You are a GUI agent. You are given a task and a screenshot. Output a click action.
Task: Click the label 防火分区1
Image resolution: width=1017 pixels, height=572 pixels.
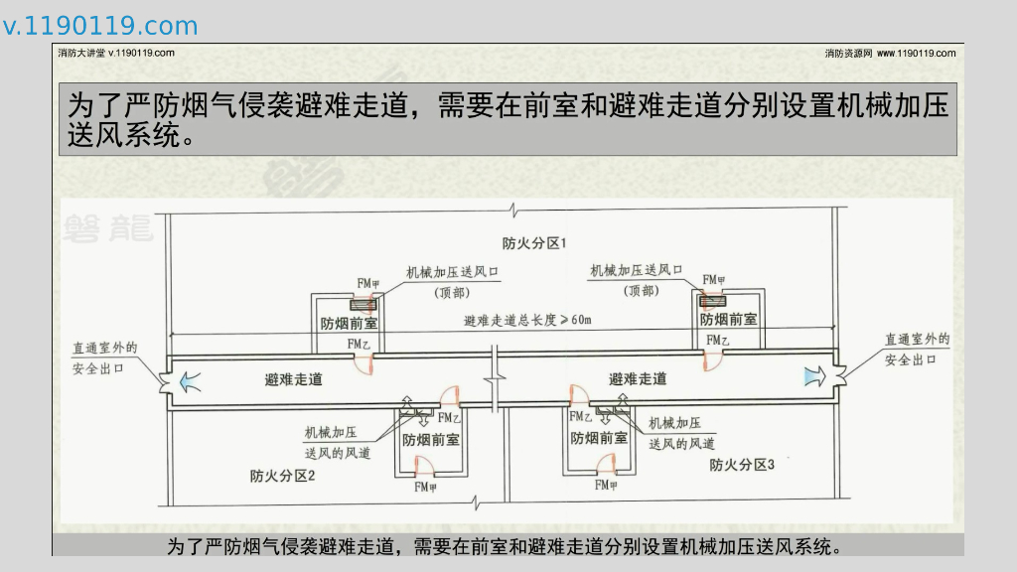point(533,243)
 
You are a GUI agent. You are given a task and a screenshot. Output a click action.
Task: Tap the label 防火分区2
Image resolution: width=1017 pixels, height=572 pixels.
point(282,476)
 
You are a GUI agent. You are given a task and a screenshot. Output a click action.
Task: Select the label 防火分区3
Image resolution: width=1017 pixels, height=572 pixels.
point(741,464)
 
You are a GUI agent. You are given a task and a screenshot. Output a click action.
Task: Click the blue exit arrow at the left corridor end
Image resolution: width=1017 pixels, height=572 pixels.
point(188,377)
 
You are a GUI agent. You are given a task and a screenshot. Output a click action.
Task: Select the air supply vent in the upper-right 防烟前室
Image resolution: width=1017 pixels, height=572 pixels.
point(712,300)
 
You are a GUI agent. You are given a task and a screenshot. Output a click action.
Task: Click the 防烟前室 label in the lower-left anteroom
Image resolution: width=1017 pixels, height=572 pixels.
point(430,439)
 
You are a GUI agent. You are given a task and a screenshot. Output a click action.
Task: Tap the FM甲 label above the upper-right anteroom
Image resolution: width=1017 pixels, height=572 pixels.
point(713,280)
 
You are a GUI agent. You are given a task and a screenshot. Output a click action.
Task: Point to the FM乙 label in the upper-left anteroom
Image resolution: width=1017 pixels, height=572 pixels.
point(359,344)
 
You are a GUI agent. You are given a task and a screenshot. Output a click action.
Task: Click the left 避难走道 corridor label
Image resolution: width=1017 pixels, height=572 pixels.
point(293,379)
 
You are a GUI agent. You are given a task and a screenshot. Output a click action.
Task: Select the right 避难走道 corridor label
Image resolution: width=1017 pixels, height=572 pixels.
point(638,378)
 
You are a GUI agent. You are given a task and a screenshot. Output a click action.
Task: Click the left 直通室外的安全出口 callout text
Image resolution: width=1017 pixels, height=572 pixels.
point(103,357)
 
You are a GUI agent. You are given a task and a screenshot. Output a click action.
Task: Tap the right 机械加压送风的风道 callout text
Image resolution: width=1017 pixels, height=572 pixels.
point(681,433)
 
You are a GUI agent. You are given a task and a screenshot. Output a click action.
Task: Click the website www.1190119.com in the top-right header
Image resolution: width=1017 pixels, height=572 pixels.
point(916,53)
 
